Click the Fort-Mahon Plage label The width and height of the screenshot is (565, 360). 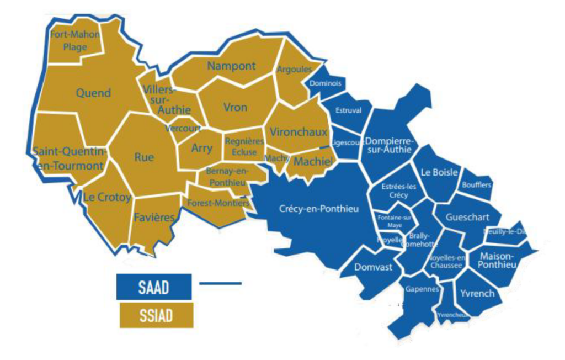pos(75,40)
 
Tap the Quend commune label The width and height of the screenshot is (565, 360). pos(93,93)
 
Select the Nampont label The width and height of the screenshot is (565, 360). pos(231,66)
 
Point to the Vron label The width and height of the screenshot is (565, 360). pos(235,107)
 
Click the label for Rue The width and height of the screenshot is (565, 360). pos(144,157)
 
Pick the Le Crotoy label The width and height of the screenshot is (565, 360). pos(107,197)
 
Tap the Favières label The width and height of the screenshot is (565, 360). pos(154,217)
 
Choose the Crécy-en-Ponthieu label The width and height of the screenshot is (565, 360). pos(319,209)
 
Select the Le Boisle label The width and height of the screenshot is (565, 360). pos(439,172)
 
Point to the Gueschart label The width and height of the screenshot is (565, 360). pos(468,218)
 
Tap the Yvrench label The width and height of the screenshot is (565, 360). pos(477,293)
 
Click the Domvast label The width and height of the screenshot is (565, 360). pos(374,267)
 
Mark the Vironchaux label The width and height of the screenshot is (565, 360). pos(299,132)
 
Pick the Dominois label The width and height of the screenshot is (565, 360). pos(326,84)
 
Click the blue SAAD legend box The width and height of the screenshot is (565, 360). pos(154,287)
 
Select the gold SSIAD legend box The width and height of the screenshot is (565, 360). pos(156,315)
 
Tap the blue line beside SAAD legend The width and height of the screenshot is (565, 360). pos(220,284)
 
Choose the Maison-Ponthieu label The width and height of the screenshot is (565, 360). pos(498,261)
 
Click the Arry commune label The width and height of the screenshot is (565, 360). pos(201,148)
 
